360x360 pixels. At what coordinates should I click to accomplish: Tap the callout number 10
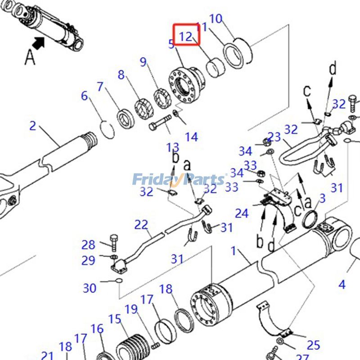pos(216,19)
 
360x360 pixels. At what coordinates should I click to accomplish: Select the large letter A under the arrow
pos(30,57)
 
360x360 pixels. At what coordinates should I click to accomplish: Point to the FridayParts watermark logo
pos(180,180)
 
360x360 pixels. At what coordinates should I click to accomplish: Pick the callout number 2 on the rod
pos(32,125)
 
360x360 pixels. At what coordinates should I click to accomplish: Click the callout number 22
pos(141,224)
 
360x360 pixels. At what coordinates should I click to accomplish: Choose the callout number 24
pos(242,213)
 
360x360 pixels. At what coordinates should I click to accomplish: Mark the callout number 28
pos(88,245)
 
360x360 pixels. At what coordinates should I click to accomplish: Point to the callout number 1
pos(234,251)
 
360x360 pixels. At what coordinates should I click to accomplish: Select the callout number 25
pos(313,345)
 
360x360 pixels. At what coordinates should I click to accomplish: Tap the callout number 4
pos(342,284)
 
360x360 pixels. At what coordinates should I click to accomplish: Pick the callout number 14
pos(192,137)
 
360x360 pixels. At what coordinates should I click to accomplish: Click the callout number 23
pos(274,136)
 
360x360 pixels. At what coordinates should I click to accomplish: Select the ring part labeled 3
pos(310,220)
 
